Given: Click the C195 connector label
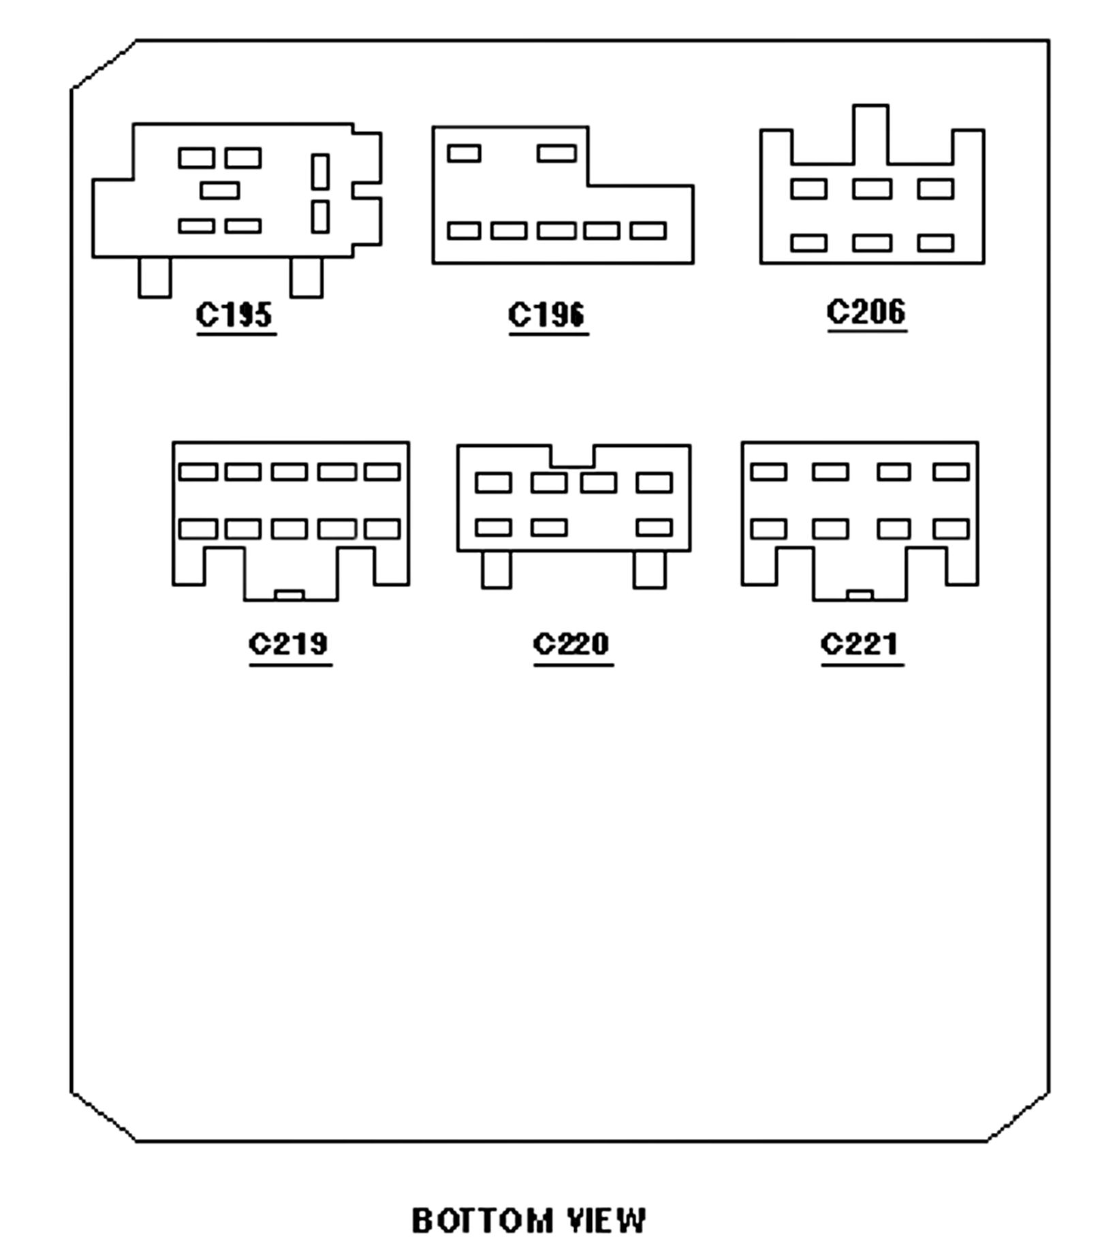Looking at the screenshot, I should tap(234, 314).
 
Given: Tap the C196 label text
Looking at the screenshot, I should tap(547, 315).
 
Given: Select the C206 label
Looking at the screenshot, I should tap(866, 311).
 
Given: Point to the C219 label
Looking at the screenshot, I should tap(289, 643).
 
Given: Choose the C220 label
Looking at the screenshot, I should tap(572, 643).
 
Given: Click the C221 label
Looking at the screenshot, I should tap(860, 643).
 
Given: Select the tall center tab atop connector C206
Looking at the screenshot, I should tap(870, 134).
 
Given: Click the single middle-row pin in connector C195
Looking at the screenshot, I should tap(220, 190).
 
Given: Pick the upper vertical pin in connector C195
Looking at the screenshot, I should tap(320, 172).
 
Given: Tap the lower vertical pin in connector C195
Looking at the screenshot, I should tap(320, 217).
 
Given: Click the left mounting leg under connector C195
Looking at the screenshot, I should tap(155, 277).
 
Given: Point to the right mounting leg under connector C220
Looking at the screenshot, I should tap(649, 569).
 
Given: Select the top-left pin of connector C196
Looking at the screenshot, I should tap(464, 153).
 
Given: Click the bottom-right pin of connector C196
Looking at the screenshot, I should tap(648, 231).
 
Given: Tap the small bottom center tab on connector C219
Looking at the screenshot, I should tap(289, 595).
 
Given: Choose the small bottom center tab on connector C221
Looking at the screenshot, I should tap(860, 595).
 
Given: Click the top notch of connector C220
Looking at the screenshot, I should tap(572, 456).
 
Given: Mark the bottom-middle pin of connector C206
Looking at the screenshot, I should tap(872, 243).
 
